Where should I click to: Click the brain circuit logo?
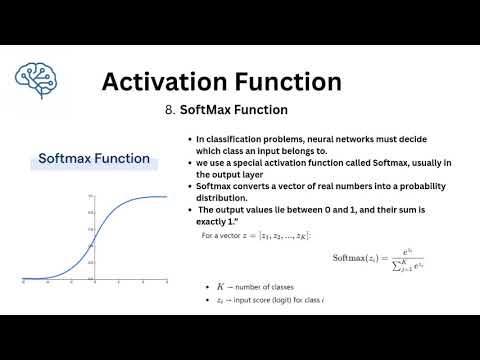(37, 75)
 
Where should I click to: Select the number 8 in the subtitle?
(169, 109)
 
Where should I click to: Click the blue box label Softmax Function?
(94, 158)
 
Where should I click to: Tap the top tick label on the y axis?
(90, 195)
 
